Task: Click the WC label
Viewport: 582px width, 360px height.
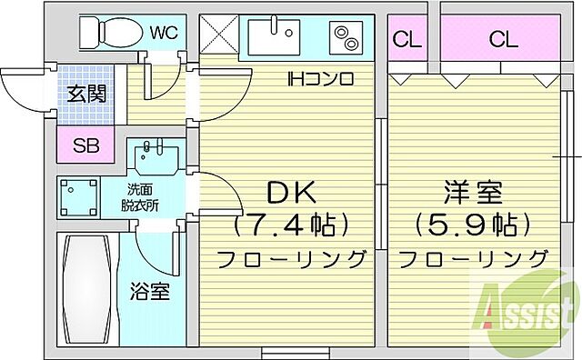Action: [x=163, y=35]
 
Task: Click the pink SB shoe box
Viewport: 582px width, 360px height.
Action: [x=86, y=145]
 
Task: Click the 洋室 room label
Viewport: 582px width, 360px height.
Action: [x=473, y=193]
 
